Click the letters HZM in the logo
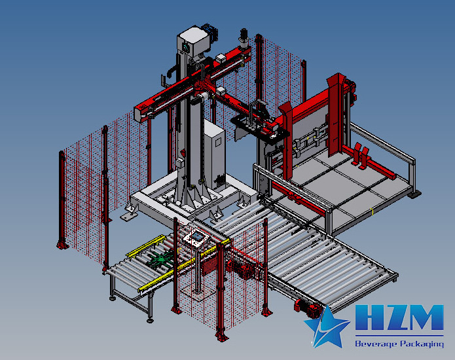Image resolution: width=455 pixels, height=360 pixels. point(399,317)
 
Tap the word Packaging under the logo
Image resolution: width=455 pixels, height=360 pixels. point(422,344)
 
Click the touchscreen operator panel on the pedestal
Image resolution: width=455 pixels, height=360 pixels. point(197,237)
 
